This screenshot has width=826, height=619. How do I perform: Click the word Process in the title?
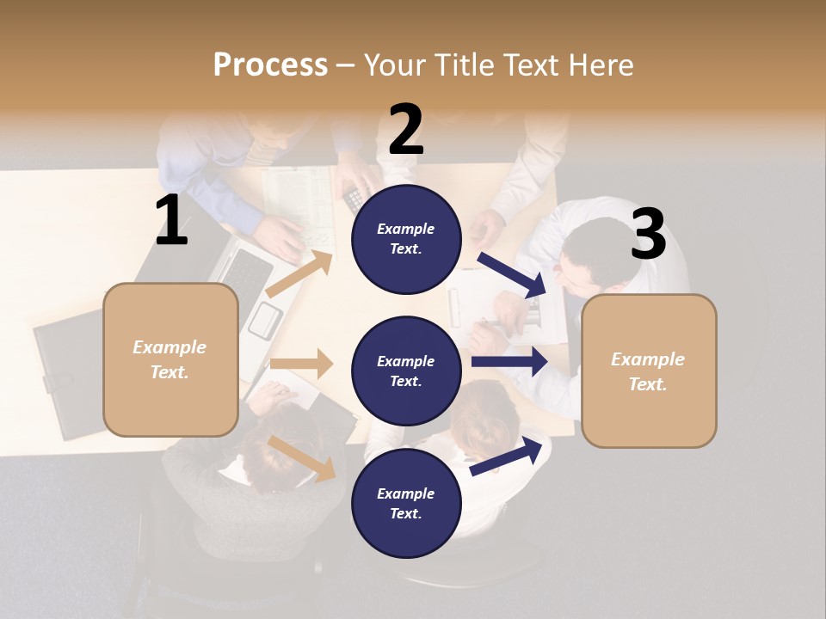(x=270, y=64)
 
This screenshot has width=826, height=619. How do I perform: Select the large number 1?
(x=171, y=220)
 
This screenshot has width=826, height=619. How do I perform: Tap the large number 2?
(x=406, y=130)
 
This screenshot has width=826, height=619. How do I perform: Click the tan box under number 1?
(x=170, y=359)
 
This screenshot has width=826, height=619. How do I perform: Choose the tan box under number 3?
(x=649, y=371)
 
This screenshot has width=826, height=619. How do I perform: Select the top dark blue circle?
(x=406, y=239)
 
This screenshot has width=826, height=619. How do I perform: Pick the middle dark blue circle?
(x=406, y=371)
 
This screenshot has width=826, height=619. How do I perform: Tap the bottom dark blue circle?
(x=406, y=503)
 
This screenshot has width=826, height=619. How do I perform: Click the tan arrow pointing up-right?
(x=299, y=274)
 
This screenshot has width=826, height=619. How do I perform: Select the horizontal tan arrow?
(x=301, y=364)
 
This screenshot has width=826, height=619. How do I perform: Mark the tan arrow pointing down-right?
(x=302, y=457)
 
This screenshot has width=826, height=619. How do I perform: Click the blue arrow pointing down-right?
(x=512, y=275)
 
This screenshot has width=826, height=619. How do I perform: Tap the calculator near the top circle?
(x=354, y=199)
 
